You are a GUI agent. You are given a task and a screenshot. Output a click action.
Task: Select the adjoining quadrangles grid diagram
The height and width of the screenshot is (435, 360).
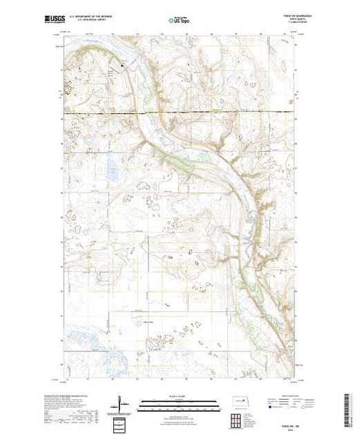[x=237, y=420]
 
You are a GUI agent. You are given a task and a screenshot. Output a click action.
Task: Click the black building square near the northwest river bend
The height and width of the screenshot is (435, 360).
[x=124, y=66]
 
